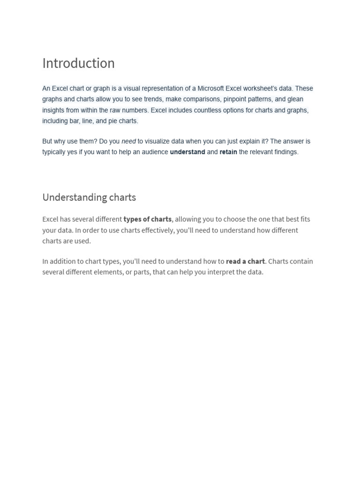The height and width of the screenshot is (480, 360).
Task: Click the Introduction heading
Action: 78,63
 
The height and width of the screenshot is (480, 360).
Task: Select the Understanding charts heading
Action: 89,197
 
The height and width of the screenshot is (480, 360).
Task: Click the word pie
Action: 113,121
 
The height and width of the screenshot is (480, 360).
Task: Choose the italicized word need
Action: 128,141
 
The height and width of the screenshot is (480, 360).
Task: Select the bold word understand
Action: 187,152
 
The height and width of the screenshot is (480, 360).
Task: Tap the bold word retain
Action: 228,152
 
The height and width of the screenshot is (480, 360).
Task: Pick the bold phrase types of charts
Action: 148,219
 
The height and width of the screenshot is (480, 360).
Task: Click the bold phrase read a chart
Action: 245,261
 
